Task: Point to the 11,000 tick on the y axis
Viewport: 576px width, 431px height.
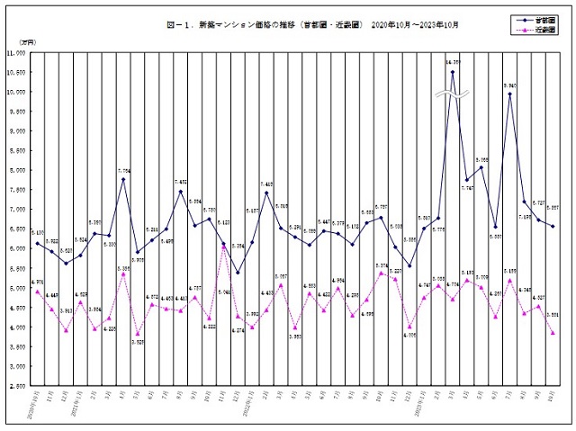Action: click(x=15, y=53)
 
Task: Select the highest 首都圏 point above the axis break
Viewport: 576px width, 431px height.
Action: click(x=453, y=73)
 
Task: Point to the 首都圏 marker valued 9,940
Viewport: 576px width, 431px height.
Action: click(x=510, y=94)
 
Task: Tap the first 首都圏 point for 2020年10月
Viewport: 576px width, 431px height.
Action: click(x=37, y=243)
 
